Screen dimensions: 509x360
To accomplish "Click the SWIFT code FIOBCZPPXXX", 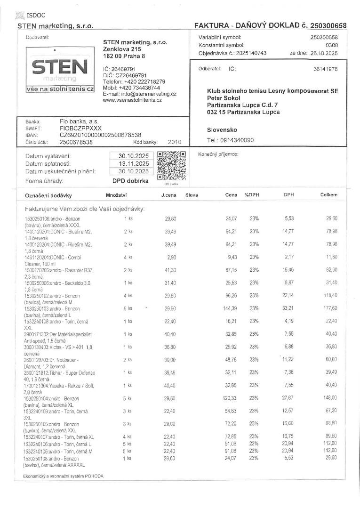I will (81, 128).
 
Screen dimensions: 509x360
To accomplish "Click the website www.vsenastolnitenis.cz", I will (132, 100).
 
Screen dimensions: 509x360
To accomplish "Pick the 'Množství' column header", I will (117, 195).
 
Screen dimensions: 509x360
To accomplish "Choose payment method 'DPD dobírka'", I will (130, 180).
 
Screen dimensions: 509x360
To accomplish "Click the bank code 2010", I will (174, 142).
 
